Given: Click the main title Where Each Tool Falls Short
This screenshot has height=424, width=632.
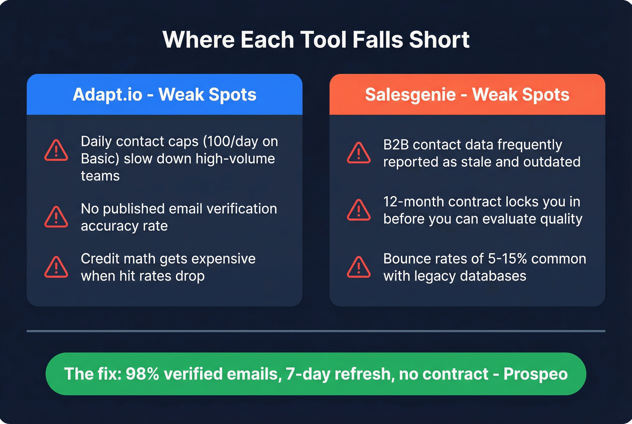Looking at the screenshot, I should (316, 40).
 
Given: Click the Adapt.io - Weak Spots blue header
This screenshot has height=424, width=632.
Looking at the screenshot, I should (164, 94).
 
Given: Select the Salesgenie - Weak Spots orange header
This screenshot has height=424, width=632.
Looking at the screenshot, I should (467, 94).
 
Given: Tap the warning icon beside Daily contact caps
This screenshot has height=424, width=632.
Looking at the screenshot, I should (56, 150).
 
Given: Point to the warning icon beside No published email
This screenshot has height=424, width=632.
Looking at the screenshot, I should (56, 217).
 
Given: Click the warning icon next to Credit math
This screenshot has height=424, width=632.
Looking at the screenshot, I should (56, 267).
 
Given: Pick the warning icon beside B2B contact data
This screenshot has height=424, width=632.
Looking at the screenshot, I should (359, 153).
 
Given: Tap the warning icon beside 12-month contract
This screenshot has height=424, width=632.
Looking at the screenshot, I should (359, 210).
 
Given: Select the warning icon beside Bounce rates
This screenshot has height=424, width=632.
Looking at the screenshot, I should (359, 267).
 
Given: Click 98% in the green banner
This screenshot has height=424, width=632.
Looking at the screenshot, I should (142, 374).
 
